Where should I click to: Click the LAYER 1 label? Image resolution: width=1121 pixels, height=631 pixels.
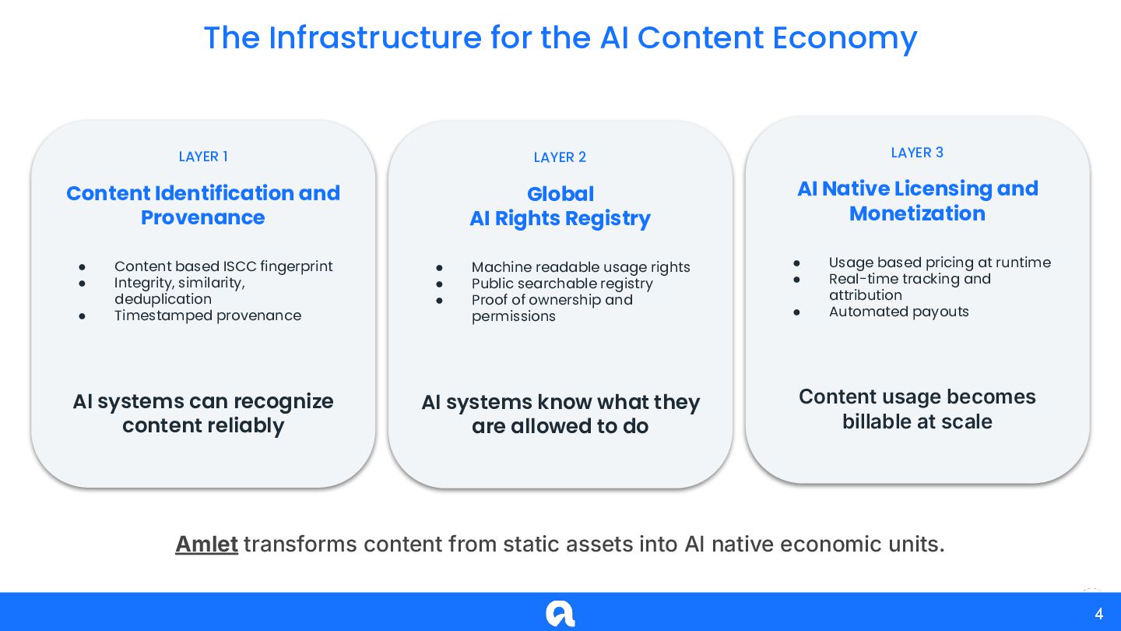tap(203, 157)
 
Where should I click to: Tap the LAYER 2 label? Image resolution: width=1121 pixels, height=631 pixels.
tap(560, 157)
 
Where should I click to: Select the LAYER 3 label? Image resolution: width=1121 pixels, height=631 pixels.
tap(917, 153)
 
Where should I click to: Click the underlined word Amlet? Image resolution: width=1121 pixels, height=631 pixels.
tap(206, 544)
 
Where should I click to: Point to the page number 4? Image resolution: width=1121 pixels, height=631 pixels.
tap(1098, 614)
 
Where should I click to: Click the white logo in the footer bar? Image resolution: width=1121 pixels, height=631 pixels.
tap(560, 613)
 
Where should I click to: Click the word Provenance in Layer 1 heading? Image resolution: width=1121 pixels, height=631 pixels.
tap(203, 217)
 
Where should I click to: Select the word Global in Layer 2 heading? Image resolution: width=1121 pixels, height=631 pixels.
tap(560, 194)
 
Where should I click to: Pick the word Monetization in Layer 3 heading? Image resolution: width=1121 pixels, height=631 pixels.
tap(917, 213)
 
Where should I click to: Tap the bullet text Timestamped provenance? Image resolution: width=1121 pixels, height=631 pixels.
tap(208, 315)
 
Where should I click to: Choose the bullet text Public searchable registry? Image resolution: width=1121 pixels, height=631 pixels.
tap(562, 284)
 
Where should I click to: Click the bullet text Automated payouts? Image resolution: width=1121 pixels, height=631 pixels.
tap(899, 312)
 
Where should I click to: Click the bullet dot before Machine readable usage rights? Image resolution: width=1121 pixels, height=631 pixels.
tap(439, 268)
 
